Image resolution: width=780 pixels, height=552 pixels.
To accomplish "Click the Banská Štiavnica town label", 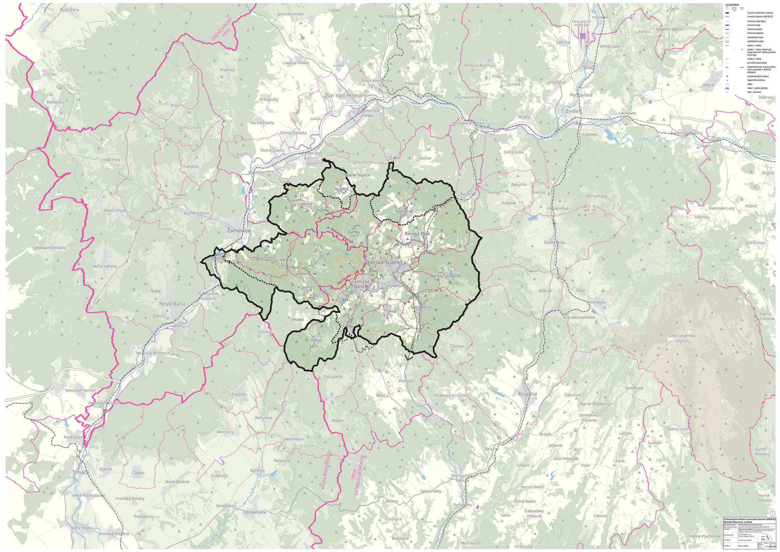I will [385, 263].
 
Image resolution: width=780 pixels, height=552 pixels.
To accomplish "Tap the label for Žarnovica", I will [239, 230].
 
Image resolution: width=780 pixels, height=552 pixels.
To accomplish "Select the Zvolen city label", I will [573, 111].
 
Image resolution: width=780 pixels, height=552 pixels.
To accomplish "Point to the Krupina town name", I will [527, 394].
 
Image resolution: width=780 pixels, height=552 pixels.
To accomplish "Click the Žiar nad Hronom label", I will [345, 95].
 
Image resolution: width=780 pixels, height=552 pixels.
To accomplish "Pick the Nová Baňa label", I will [172, 304].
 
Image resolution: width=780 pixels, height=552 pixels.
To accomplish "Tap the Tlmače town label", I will [81, 472].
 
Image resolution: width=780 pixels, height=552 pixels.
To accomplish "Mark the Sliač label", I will [589, 67].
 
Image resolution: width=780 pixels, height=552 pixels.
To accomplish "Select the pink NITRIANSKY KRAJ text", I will [325, 470].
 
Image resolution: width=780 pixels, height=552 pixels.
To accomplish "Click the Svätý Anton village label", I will [421, 307].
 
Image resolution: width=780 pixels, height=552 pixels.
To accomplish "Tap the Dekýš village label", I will [316, 340].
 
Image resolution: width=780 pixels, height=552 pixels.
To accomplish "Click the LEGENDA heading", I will [732, 5].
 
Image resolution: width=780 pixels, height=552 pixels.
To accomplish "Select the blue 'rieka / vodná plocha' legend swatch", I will [727, 88].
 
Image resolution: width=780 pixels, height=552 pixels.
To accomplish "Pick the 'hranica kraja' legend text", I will [753, 25].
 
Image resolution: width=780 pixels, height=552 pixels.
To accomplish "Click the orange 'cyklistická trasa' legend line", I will [727, 37].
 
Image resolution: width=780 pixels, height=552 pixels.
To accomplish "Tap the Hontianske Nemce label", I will [462, 478].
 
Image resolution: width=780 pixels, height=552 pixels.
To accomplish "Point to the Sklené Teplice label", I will [357, 175].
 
